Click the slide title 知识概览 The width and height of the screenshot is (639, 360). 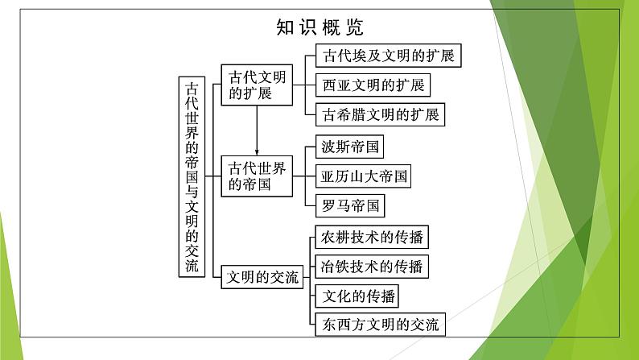click(x=319, y=27)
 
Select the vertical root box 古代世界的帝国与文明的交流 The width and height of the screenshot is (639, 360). click(x=192, y=177)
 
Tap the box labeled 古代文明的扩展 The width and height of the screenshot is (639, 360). click(x=257, y=85)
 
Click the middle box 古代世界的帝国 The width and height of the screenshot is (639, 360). click(x=257, y=176)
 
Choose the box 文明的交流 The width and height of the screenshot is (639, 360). click(x=262, y=277)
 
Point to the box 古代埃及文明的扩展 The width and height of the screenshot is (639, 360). click(x=389, y=56)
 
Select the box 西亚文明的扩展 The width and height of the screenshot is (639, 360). click(x=373, y=85)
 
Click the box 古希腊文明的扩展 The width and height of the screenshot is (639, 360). click(x=380, y=114)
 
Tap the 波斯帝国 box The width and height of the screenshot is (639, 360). click(x=349, y=147)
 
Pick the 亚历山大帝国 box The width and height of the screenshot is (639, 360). click(x=363, y=176)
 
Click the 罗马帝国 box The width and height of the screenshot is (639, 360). click(x=350, y=205)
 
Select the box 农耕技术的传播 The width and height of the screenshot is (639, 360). click(x=372, y=237)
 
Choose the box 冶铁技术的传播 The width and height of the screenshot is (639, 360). click(x=372, y=267)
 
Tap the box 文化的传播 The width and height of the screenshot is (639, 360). click(x=357, y=296)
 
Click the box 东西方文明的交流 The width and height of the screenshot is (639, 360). click(x=380, y=325)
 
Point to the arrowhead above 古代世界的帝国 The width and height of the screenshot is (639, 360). click(x=257, y=152)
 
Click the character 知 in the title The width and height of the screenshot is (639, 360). click(x=285, y=27)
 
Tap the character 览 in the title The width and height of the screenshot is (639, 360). click(x=355, y=27)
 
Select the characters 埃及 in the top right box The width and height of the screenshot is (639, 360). click(x=360, y=56)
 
